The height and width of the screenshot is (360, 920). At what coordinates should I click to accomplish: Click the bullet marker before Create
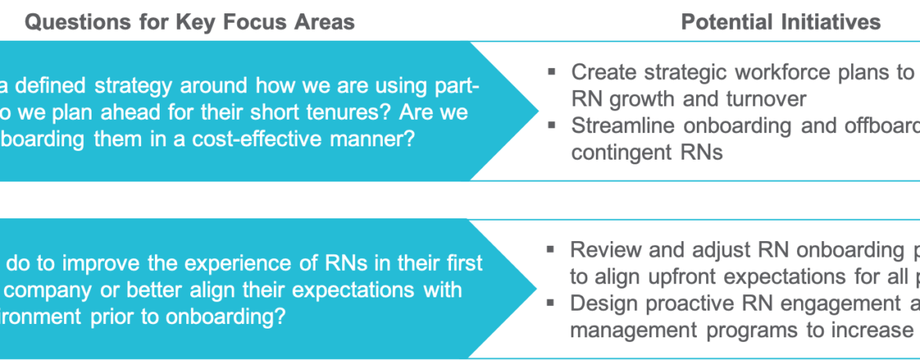pyautogui.click(x=552, y=72)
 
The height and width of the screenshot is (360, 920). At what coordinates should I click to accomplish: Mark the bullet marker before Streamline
pyautogui.click(x=552, y=125)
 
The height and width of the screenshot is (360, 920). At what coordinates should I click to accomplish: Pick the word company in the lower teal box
pyautogui.click(x=45, y=290)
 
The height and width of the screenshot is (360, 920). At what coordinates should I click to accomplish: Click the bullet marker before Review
pyautogui.click(x=552, y=250)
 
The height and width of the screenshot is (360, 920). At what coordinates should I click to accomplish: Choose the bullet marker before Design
pyautogui.click(x=552, y=303)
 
